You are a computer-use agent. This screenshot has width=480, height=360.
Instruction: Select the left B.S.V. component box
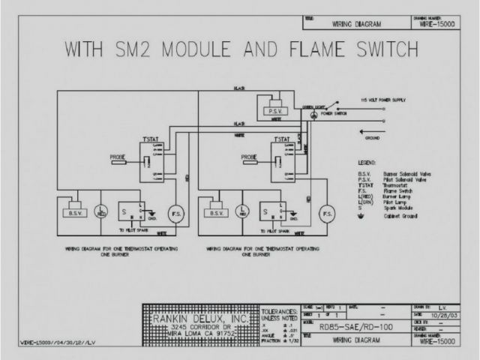76,211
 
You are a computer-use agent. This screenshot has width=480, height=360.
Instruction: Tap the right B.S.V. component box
217,212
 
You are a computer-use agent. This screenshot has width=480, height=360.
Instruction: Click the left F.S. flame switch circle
177,214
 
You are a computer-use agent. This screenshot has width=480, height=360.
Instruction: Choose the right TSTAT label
280,140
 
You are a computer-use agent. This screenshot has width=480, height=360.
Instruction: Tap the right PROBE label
250,157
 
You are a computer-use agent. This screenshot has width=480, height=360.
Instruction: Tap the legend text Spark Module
397,208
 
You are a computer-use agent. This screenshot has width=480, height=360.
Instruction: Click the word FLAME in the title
307,50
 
